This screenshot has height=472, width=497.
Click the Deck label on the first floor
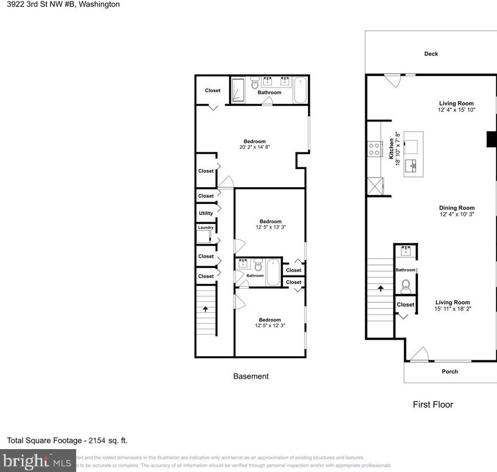point(431,54)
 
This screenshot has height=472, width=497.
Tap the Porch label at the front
point(450,372)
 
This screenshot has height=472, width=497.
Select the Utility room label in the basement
point(206,213)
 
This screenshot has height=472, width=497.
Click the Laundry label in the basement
point(206,228)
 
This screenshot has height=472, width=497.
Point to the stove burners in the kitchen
point(374,149)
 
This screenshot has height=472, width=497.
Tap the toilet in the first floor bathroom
point(407,285)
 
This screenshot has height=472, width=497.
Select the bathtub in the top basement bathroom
point(301,92)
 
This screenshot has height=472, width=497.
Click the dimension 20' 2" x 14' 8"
point(255,147)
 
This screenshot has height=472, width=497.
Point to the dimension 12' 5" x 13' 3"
point(270,227)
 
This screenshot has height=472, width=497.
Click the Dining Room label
point(457,208)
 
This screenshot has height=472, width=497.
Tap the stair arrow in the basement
point(205,309)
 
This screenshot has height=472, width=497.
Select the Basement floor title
point(251,376)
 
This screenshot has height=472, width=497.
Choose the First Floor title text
point(433,404)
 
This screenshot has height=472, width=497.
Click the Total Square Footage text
point(67,440)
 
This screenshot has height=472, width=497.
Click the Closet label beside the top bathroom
point(212,91)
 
